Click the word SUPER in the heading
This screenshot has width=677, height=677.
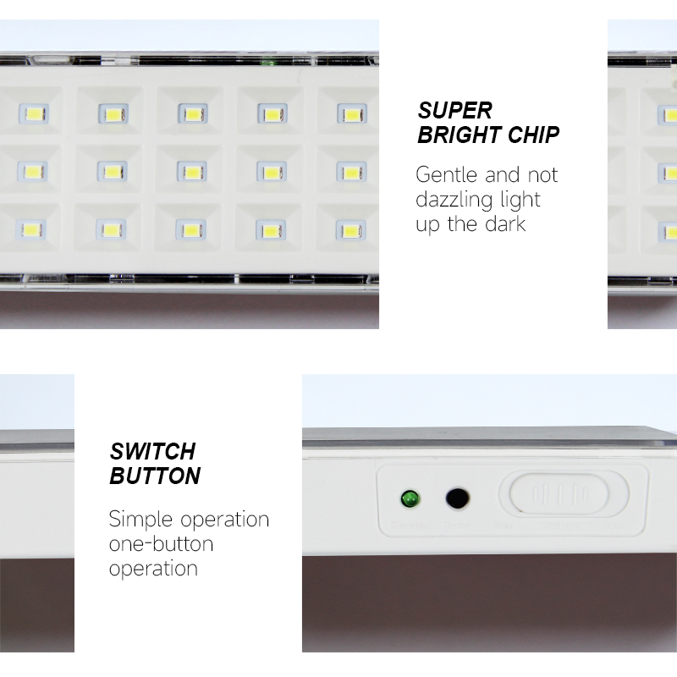pyautogui.click(x=454, y=110)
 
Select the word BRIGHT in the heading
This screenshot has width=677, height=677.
pyautogui.click(x=458, y=135)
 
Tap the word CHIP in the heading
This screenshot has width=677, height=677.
pyautogui.click(x=533, y=135)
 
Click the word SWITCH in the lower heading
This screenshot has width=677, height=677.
pyautogui.click(x=152, y=451)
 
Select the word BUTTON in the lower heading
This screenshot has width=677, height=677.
pyautogui.click(x=155, y=476)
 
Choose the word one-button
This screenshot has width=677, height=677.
pyautogui.click(x=161, y=543)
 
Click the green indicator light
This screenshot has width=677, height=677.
pyautogui.click(x=411, y=498)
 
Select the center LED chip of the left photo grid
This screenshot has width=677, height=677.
pyautogui.click(x=191, y=172)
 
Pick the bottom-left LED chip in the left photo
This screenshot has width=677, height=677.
pyautogui.click(x=33, y=229)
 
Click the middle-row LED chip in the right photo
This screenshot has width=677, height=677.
pyautogui.click(x=669, y=173)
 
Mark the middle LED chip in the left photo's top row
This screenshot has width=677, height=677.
pyautogui.click(x=192, y=113)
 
